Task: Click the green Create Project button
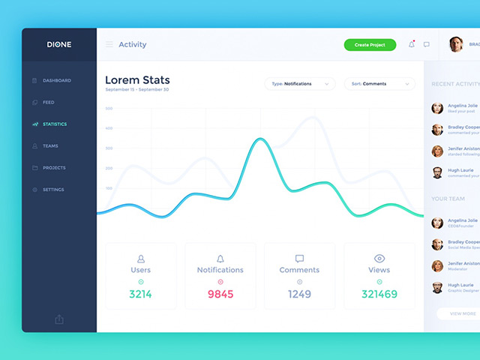[x=370, y=45]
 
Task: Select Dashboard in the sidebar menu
[x=56, y=80]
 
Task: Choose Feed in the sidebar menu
[x=48, y=102]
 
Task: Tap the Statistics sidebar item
[x=54, y=124]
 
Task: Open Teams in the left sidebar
[x=50, y=145]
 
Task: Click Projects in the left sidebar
[x=53, y=167]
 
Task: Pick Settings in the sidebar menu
[x=52, y=189]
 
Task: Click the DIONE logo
[x=59, y=44]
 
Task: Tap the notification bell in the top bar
[x=411, y=45]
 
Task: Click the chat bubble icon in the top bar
[x=427, y=45]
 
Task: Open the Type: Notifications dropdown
[x=299, y=84]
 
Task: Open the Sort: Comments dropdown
[x=379, y=84]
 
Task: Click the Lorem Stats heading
[x=137, y=79]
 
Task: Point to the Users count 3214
[x=140, y=294]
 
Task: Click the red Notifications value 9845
[x=220, y=294]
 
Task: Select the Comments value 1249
[x=299, y=294]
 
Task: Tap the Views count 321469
[x=379, y=294]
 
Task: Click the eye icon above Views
[x=379, y=258]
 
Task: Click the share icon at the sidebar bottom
[x=59, y=319]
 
